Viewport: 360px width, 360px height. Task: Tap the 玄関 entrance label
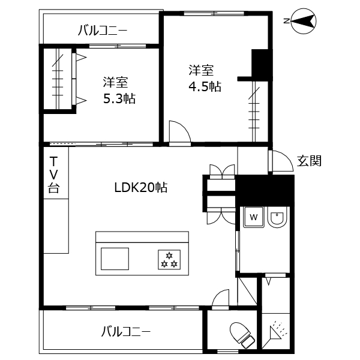pos(310,160)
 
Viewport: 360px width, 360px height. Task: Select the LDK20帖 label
pos(140,187)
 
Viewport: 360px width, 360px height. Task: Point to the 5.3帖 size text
pos(119,98)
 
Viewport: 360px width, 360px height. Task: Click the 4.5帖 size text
pos(205,86)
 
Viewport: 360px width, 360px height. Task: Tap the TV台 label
pos(54,175)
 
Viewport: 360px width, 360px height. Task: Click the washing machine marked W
pos(253,217)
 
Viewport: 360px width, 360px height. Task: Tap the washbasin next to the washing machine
pos(277,218)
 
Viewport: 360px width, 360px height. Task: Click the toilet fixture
pos(242,334)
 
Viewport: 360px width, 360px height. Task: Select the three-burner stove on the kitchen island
pos(169,259)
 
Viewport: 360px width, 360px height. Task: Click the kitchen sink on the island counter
pos(115,259)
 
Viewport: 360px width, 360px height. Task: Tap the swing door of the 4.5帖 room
pos(179,133)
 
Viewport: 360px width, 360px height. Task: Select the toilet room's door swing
pos(220,298)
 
